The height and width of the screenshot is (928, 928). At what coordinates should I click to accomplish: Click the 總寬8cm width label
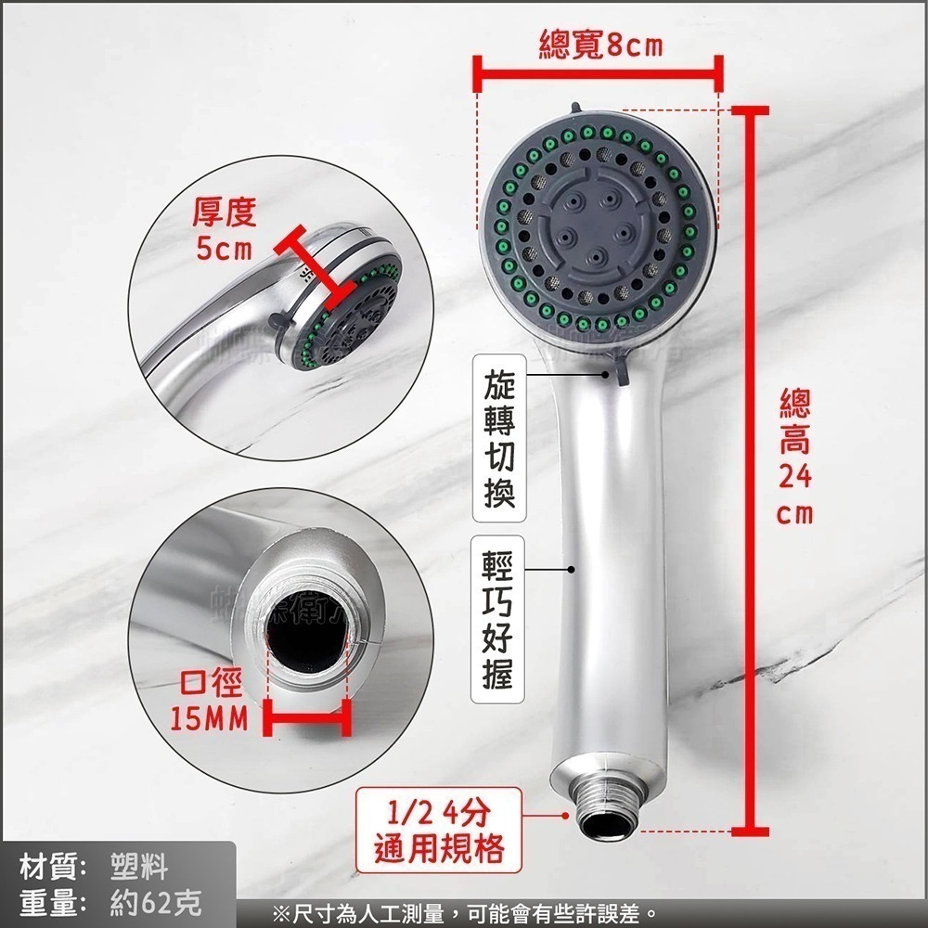pos(600,44)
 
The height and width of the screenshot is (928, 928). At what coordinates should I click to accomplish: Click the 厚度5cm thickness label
pos(223,231)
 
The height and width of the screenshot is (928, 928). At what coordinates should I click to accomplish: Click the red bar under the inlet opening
pos(307,717)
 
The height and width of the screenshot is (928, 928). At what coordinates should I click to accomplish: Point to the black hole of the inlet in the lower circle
pos(307,641)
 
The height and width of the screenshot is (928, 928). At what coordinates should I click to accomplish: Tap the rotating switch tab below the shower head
pos(617,370)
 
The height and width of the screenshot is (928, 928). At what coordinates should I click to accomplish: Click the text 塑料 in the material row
pos(138,868)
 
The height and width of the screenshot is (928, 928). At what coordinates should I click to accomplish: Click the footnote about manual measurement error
pos(464,914)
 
